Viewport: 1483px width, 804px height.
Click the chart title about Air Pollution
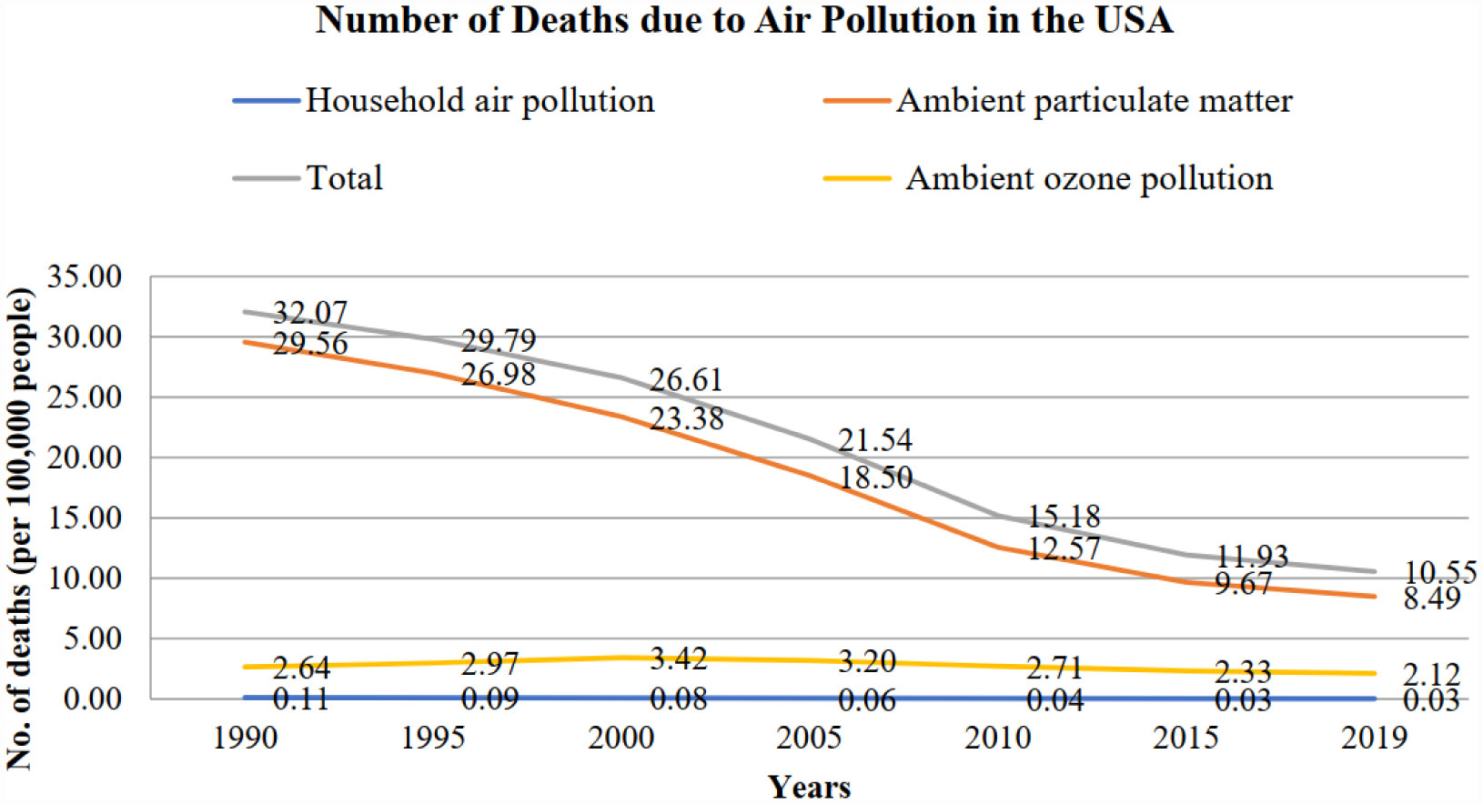click(744, 20)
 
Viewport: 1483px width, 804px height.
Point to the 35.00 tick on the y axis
click(85, 276)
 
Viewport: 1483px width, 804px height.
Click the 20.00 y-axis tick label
click(85, 457)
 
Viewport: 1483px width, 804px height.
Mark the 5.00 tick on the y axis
click(91, 638)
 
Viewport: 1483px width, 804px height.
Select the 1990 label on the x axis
click(245, 738)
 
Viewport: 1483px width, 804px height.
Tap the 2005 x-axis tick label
click(809, 738)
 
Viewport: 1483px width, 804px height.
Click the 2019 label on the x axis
click(1374, 738)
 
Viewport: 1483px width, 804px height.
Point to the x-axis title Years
click(809, 787)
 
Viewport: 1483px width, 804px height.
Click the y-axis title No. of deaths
click(20, 528)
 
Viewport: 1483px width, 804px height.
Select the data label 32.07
click(310, 313)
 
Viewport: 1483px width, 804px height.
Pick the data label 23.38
click(687, 418)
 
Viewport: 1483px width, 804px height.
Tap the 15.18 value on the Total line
click(1064, 517)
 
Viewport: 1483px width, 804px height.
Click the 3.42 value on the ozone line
click(679, 658)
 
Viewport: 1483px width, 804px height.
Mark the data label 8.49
click(1431, 598)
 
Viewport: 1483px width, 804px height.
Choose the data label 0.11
click(300, 698)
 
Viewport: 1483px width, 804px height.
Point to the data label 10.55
click(1440, 572)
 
